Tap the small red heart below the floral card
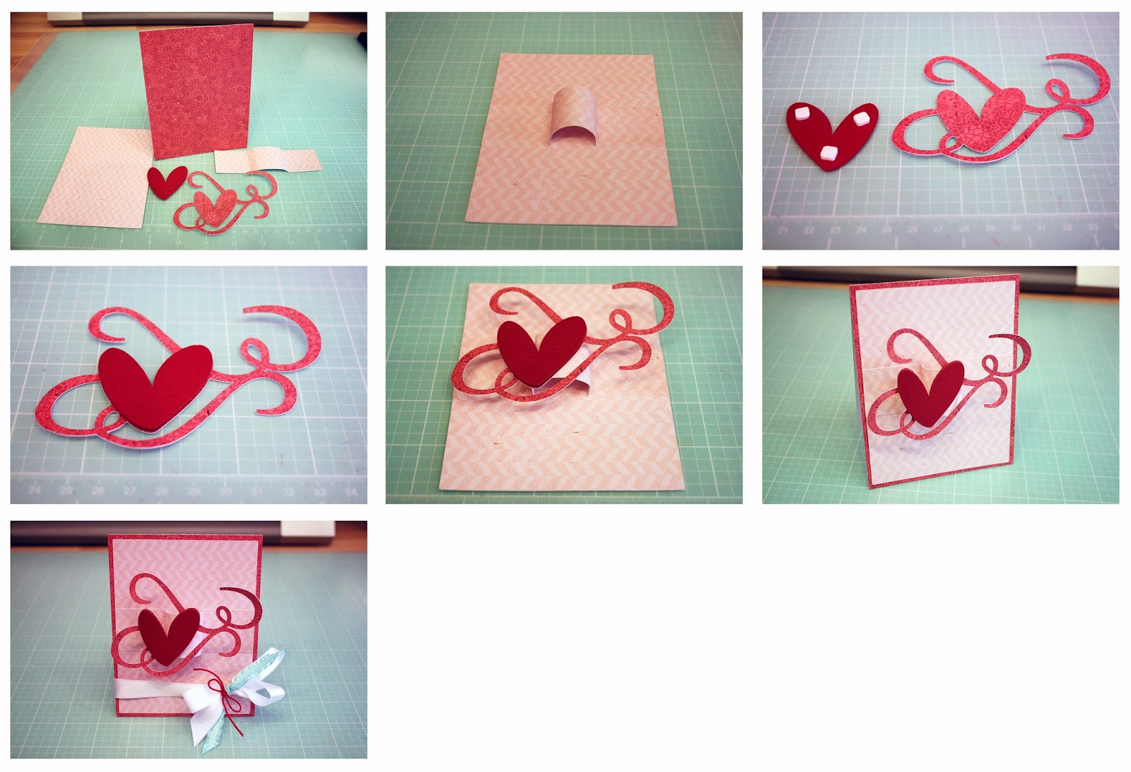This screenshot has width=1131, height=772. (x=167, y=182)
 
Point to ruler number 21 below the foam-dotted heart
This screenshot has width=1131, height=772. (x=783, y=230)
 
